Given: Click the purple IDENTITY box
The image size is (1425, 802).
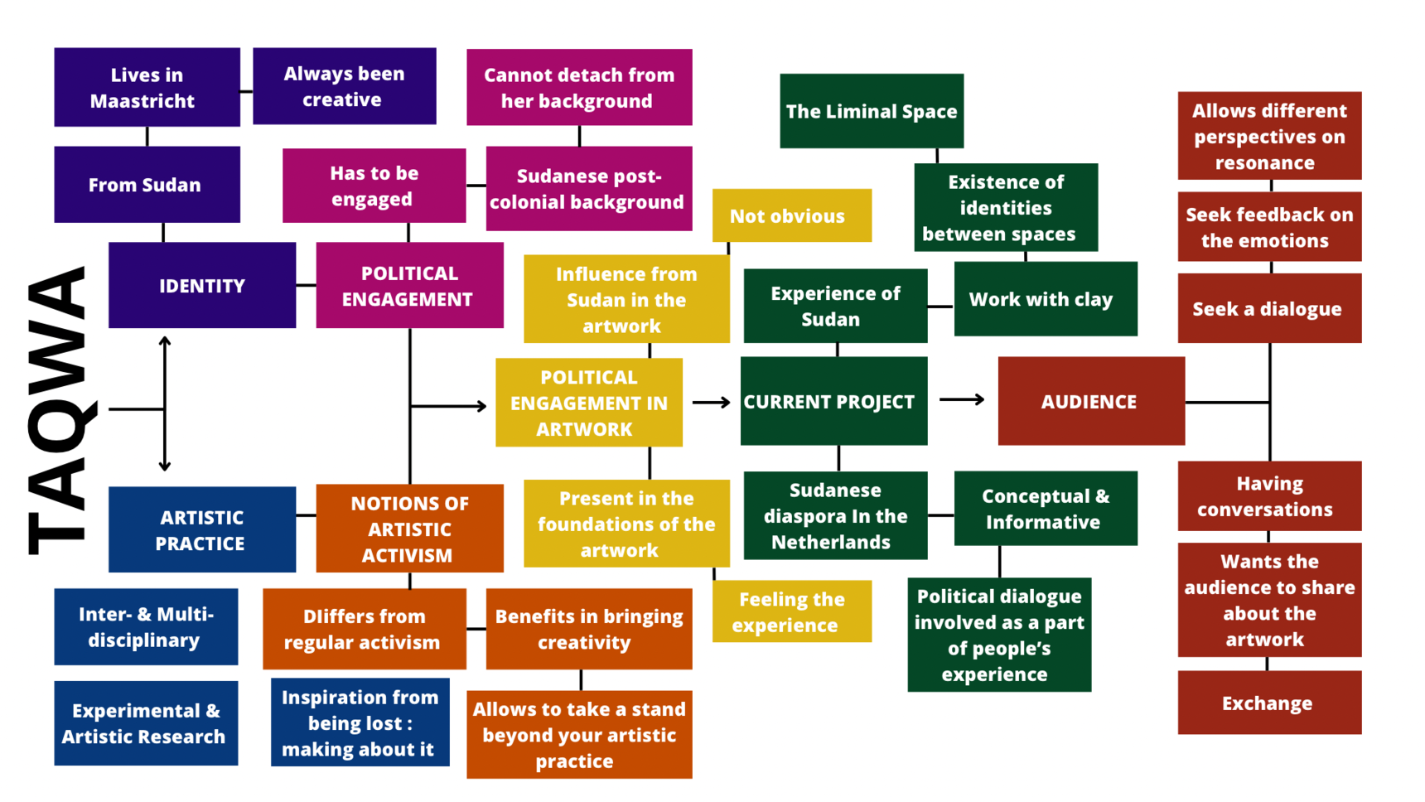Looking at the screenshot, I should point(202,285).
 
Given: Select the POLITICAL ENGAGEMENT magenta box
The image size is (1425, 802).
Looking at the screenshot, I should point(409,285).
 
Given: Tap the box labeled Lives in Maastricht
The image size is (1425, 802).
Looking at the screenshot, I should point(147,87).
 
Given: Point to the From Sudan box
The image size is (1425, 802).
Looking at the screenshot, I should point(147,185).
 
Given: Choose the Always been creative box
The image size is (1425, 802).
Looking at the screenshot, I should point(344,86).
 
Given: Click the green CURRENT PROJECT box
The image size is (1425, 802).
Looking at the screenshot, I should point(833,401).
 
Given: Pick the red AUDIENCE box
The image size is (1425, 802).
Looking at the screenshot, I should point(1090,401).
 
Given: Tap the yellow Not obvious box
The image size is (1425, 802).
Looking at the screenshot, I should point(791,215).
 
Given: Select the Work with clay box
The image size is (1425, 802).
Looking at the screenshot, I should point(1045,299).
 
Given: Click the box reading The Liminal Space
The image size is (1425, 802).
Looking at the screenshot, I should point(871,111).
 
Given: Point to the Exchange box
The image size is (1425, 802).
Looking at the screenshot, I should point(1268,703).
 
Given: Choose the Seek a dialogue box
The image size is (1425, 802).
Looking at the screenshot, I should point(1268,308).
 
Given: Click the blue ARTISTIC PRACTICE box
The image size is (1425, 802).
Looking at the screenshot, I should point(202,529).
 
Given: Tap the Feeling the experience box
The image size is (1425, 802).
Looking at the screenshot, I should point(791,611).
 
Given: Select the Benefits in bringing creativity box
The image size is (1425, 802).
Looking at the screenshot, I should point(588,629).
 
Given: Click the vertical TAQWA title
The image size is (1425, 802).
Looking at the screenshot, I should point(58,410).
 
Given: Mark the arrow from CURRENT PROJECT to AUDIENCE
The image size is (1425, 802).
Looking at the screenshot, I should point(962,400).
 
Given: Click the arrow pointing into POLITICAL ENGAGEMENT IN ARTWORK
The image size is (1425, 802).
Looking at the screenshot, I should point(452,406).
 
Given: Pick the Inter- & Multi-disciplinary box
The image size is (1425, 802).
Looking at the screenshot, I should point(146,626).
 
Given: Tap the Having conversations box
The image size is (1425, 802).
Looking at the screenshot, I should point(1268,495).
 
